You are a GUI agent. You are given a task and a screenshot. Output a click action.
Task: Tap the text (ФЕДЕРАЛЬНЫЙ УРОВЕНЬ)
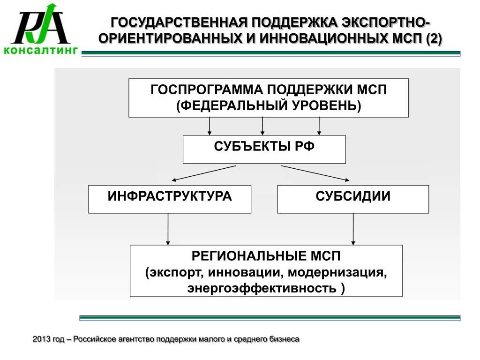pos(269,105)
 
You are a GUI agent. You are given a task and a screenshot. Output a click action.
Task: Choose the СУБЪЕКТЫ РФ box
pos(264,149)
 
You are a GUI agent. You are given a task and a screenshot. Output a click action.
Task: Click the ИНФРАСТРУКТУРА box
pos(170,199)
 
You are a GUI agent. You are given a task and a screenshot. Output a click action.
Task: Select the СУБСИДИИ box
pos(353,199)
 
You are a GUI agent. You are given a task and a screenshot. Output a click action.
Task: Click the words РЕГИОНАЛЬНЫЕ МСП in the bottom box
pos(266,256)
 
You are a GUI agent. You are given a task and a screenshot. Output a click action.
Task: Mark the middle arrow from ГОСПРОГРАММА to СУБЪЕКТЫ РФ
pos(262,126)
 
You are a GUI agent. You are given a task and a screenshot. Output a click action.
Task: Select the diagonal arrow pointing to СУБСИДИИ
pos(315,172)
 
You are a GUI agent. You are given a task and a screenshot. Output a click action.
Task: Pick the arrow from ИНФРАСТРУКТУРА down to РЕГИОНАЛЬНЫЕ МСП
pos(168,229)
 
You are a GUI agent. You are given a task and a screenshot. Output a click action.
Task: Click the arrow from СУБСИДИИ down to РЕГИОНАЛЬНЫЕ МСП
pos(353,229)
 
